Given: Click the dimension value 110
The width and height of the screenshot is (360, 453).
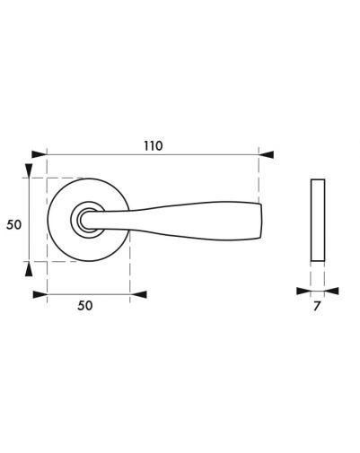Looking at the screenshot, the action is (x=154, y=146).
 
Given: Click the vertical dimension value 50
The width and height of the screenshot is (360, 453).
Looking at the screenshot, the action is (x=14, y=224).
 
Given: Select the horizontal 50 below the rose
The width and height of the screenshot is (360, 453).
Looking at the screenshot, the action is (x=85, y=306).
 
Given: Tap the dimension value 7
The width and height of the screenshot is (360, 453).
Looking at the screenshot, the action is (x=317, y=306).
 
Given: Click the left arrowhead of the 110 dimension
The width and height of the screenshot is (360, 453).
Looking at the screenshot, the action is (x=40, y=154).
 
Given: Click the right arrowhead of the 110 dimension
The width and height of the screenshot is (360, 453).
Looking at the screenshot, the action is (x=266, y=154).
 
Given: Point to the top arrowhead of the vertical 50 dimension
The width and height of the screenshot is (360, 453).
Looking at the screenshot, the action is (x=29, y=171).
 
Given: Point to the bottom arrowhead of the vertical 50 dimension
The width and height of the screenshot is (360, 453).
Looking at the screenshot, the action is (x=29, y=268).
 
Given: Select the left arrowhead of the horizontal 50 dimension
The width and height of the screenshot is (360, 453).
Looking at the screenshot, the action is (x=40, y=294).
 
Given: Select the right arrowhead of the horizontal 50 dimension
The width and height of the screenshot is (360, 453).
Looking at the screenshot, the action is (x=139, y=294).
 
